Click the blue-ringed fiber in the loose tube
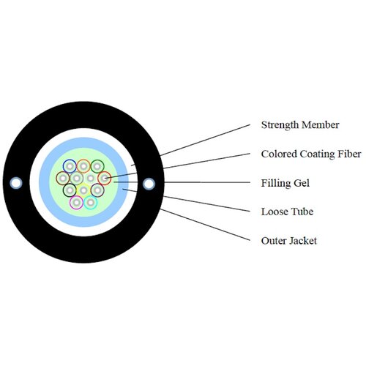(70, 166)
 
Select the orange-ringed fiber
(83, 166)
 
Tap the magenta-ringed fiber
(77, 202)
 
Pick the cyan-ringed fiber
(91, 202)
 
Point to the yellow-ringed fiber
(83, 190)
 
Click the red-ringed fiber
(105, 178)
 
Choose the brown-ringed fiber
(63, 178)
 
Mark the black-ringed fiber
(70, 190)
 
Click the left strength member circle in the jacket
(16, 183)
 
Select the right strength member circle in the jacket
(149, 184)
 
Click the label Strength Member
(300, 125)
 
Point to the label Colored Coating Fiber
(311, 154)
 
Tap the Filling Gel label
(285, 183)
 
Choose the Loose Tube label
(287, 212)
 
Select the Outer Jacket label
(289, 241)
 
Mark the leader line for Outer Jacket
(205, 225)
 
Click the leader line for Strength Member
(205, 140)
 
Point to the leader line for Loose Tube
(187, 200)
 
